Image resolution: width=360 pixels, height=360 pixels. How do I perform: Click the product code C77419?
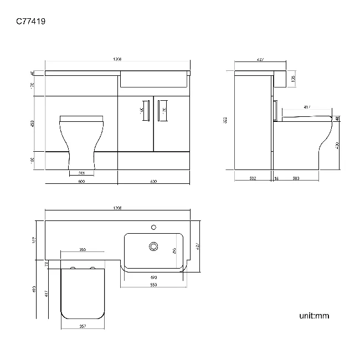coord(30,22)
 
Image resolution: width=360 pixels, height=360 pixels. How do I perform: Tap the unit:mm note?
coord(314,316)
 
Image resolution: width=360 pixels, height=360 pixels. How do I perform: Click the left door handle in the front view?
coord(148,110)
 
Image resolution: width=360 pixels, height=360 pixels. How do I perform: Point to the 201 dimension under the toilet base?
coord(81,172)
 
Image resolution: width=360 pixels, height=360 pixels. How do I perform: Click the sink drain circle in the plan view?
coord(153,245)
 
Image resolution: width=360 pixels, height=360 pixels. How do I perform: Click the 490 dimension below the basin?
coord(153,277)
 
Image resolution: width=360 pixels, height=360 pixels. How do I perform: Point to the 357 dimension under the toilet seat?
coord(81,326)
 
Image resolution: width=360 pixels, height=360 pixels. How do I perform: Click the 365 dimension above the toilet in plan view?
coord(82,250)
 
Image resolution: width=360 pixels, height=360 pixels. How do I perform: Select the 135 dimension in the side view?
coord(293,79)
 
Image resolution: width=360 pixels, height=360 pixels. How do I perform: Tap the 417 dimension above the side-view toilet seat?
coord(306,107)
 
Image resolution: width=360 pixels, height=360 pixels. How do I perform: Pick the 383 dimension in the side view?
coord(296,178)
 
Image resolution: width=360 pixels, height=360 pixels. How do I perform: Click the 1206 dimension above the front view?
coord(117,59)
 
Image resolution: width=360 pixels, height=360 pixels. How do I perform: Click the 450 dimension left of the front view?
coord(33,123)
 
